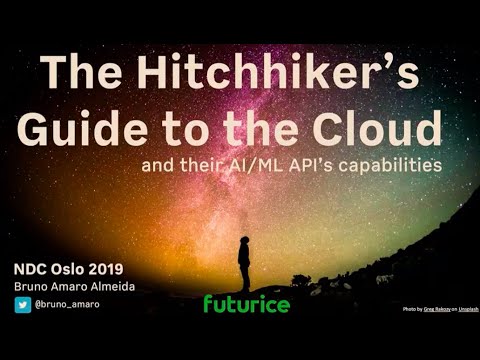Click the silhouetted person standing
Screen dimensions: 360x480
pos(244,264)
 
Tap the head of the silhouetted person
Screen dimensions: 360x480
pos(244,240)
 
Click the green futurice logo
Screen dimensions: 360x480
pos(246,303)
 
